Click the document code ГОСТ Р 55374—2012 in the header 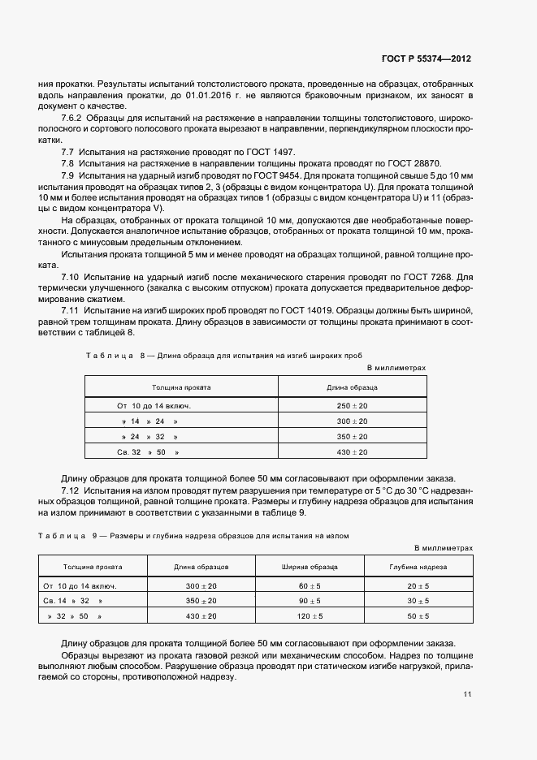click(426, 59)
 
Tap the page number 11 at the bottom click(467, 694)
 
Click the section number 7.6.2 click(76, 119)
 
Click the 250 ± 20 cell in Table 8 click(352, 404)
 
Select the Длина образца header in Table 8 click(352, 387)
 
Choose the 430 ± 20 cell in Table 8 click(352, 451)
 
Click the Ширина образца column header click(310, 567)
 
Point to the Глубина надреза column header click(418, 567)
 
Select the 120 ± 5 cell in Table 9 click(310, 616)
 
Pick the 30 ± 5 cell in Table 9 click(418, 601)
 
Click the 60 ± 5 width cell click(310, 585)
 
